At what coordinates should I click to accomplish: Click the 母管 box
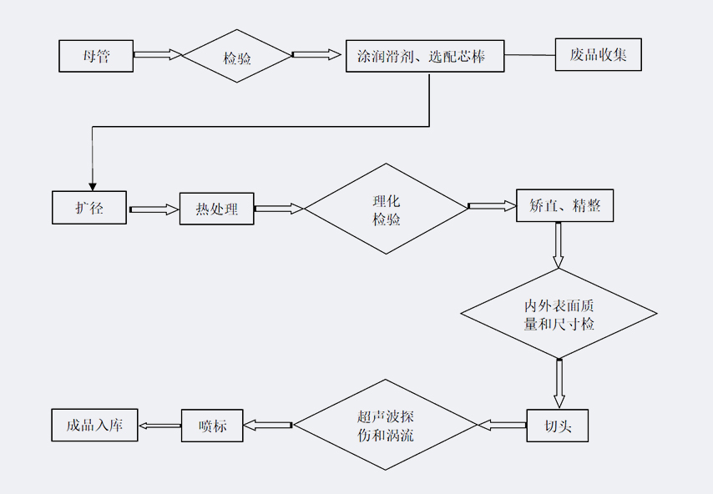96,56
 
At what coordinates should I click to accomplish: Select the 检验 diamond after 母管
237,56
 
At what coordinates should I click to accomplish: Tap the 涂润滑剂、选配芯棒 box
425,56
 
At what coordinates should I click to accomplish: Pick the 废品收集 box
598,55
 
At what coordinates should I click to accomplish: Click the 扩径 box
90,208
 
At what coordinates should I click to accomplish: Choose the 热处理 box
216,209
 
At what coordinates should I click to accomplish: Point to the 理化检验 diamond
387,209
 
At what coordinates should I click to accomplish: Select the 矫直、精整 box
565,204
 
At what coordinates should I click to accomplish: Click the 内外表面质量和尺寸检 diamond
559,314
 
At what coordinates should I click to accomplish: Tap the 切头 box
557,425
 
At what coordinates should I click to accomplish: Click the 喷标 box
212,426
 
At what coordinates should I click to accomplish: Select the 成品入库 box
95,425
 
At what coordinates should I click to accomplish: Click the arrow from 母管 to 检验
157,55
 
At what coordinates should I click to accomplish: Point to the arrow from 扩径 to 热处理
154,209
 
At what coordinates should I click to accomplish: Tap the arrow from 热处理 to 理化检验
279,209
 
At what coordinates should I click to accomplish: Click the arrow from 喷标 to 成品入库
159,426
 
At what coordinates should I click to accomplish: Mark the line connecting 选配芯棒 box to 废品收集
529,56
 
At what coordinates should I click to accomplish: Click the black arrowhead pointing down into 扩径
91,184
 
